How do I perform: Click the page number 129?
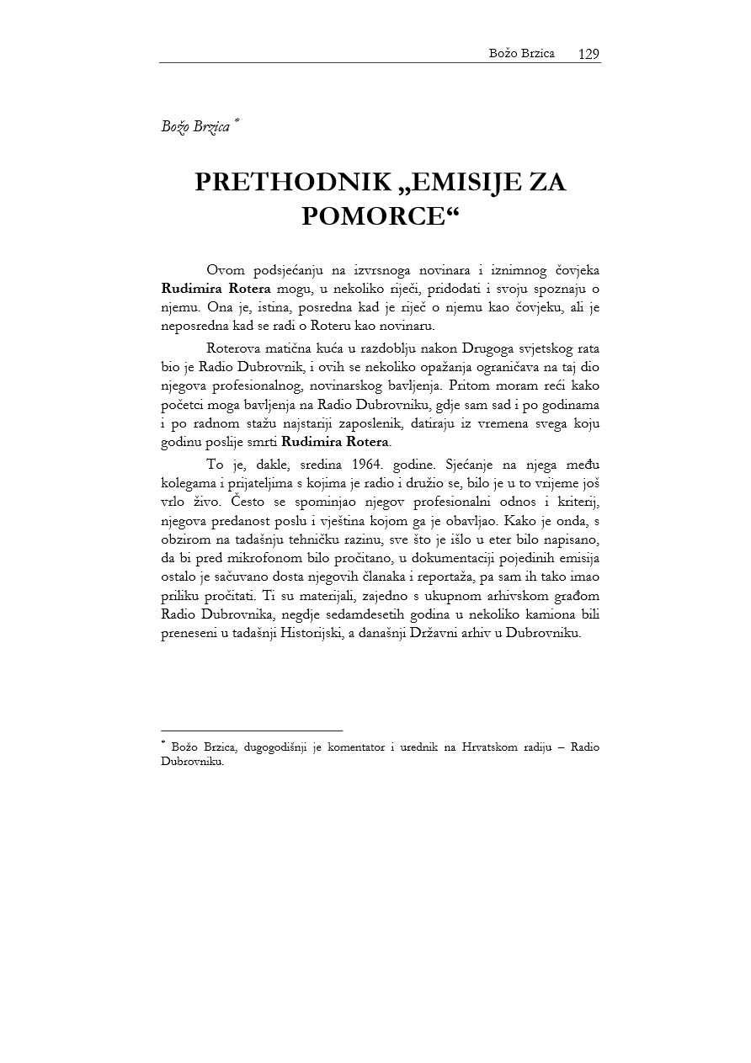589,54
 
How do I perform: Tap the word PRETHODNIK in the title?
291,183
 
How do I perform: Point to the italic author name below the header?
197,127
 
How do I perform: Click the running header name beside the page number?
521,54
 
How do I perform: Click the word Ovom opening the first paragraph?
226,270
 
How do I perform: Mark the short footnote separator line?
251,731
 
